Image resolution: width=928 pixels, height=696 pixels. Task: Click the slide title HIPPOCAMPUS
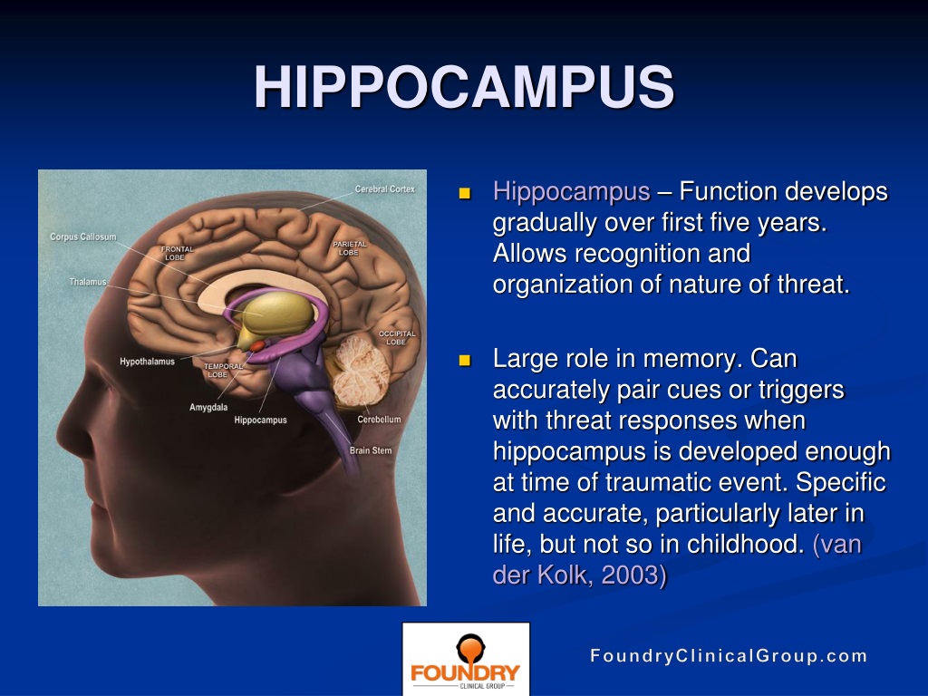[463, 88]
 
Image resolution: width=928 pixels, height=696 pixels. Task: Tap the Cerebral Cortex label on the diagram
[384, 189]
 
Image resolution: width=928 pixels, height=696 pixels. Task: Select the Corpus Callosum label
[82, 237]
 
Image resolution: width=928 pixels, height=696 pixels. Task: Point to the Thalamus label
[88, 282]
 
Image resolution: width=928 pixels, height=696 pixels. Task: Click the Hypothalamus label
[147, 362]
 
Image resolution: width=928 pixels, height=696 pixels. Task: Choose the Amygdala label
[208, 407]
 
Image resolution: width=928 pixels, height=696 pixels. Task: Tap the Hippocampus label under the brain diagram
[260, 420]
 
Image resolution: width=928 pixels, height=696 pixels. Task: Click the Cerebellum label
[379, 420]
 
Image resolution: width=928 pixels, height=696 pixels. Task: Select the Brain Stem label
[371, 450]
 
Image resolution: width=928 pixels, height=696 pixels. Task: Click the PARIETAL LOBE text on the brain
[350, 248]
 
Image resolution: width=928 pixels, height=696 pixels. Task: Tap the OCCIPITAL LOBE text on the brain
[396, 338]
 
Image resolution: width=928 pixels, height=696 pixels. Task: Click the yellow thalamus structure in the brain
[277, 313]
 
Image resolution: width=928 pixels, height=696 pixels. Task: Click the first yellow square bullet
[466, 193]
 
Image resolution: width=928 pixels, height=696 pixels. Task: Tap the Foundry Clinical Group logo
[466, 659]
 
